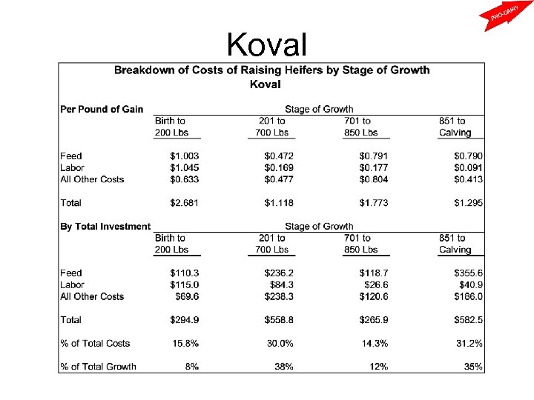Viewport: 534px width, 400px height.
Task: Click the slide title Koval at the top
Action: (267, 44)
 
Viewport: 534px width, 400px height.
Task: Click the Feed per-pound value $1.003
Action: (185, 156)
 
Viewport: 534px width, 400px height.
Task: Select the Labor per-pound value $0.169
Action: (279, 167)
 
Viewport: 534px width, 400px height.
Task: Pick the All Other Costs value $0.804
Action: (374, 179)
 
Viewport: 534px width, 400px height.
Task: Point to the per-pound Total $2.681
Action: (185, 202)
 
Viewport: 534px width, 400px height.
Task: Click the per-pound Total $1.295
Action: (468, 202)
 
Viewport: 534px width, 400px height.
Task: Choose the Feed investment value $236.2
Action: (279, 273)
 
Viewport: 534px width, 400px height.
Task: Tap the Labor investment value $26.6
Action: (376, 284)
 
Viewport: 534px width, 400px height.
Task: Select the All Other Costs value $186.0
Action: (468, 296)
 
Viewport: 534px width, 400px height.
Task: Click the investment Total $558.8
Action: (279, 320)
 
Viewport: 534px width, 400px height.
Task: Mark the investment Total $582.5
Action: (468, 320)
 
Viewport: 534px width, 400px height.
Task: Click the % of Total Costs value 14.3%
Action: (376, 343)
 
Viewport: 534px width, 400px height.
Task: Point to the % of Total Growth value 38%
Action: (283, 367)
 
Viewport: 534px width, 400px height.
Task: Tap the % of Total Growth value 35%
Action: (472, 367)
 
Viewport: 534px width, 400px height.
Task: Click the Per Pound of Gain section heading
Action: (102, 110)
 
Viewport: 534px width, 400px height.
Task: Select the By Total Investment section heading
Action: (105, 227)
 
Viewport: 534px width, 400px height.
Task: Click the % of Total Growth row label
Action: (99, 367)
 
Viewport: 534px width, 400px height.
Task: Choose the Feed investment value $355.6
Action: (468, 273)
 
